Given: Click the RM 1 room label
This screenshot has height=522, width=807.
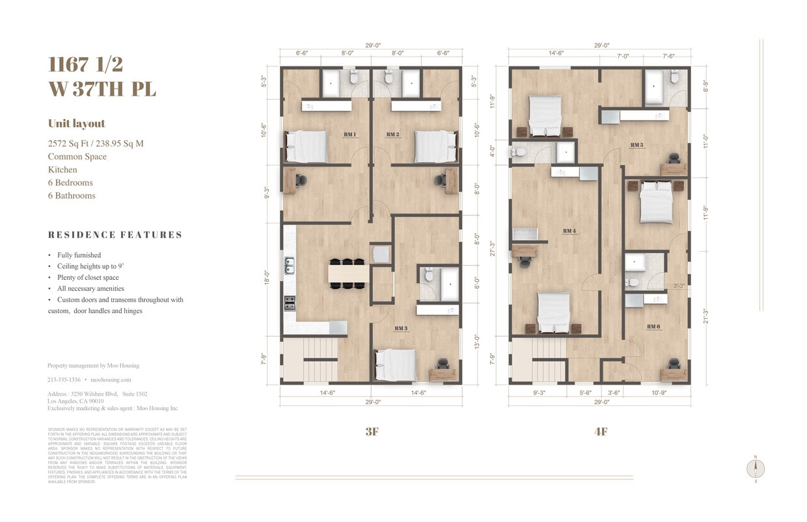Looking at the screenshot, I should (x=349, y=135).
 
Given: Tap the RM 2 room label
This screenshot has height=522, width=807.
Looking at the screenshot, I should (x=392, y=135).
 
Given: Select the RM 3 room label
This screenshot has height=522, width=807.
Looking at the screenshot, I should (x=401, y=329).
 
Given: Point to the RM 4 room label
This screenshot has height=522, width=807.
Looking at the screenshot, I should (x=569, y=231).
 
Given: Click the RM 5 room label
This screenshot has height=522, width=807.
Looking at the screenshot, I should (x=636, y=144).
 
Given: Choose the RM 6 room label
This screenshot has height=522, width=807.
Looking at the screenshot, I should (x=653, y=326).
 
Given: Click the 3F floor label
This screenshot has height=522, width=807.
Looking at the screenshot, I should (x=372, y=432).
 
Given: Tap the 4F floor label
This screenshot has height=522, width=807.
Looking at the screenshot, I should (x=600, y=432).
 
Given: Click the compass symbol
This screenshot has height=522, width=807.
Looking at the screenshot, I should (x=756, y=469).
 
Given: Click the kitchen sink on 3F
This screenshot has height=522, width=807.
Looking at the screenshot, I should (x=289, y=266).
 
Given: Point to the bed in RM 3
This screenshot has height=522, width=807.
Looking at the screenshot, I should (x=396, y=365).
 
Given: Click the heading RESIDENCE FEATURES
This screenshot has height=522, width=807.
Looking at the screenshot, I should (x=115, y=235).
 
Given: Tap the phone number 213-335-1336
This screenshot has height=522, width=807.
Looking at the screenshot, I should (x=64, y=379).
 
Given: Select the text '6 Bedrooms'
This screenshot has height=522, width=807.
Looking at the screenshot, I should (x=70, y=183).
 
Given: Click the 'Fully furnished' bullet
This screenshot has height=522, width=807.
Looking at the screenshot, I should (x=79, y=255).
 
